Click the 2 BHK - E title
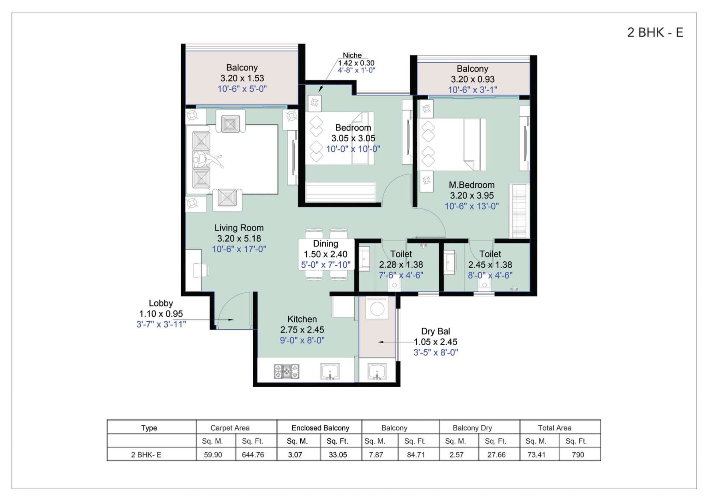[655, 32]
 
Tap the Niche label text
[352, 55]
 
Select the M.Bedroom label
[472, 185]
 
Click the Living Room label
[239, 228]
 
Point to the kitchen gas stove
[286, 371]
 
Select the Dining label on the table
[325, 244]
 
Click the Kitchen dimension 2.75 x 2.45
[302, 330]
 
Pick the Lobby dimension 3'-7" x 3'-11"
[161, 324]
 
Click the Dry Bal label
[436, 331]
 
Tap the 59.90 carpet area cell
[213, 455]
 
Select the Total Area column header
[555, 428]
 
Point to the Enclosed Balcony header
[320, 428]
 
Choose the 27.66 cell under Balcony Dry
[496, 455]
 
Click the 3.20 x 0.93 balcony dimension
[472, 79]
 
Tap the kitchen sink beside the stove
[330, 371]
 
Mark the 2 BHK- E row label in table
[146, 455]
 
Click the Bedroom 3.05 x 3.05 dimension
[353, 138]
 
